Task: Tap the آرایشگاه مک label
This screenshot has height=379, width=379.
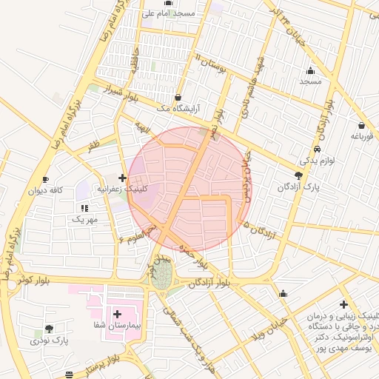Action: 177,109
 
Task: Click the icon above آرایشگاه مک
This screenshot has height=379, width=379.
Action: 178,97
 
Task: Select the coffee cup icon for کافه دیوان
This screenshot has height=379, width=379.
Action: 46,179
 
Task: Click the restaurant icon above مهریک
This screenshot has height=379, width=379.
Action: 84,209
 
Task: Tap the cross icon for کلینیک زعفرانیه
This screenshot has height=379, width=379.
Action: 122,178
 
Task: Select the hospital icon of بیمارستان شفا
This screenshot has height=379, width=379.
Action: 116,315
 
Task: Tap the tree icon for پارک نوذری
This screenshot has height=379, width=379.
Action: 50,329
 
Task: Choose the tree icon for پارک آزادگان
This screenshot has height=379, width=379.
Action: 298,175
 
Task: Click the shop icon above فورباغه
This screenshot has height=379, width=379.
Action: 360,126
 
